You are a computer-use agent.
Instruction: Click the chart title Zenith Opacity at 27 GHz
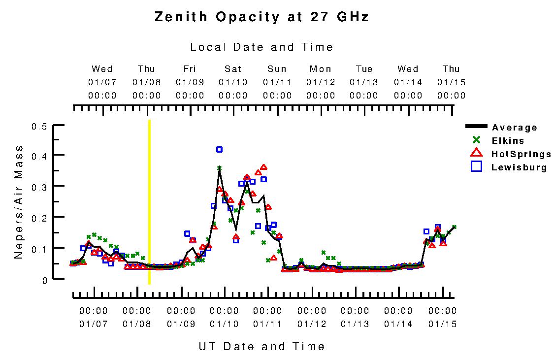pos(262,17)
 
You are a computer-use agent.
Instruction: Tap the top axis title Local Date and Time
pos(262,47)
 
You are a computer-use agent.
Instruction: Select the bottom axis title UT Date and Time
pos(262,346)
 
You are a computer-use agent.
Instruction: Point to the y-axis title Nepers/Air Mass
pos(19,202)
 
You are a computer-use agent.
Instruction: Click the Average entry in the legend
pos(515,128)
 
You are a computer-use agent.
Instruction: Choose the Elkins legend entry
pos(508,141)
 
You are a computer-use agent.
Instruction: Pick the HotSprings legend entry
pos(521,154)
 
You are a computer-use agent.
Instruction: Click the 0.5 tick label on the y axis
pos(39,127)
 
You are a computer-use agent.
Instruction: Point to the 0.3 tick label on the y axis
pos(39,187)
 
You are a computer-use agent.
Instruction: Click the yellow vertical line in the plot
pos(149,202)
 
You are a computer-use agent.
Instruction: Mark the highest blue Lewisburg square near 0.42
pos(219,149)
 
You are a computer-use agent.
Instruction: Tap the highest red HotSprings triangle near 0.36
pos(264,167)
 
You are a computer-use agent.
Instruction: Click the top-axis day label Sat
pos(233,69)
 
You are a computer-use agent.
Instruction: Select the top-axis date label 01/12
pos(321,82)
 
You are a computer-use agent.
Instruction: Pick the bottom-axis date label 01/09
pos(181,324)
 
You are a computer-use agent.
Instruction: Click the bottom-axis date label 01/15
pos(442,324)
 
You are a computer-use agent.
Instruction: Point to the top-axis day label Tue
pos(364,69)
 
